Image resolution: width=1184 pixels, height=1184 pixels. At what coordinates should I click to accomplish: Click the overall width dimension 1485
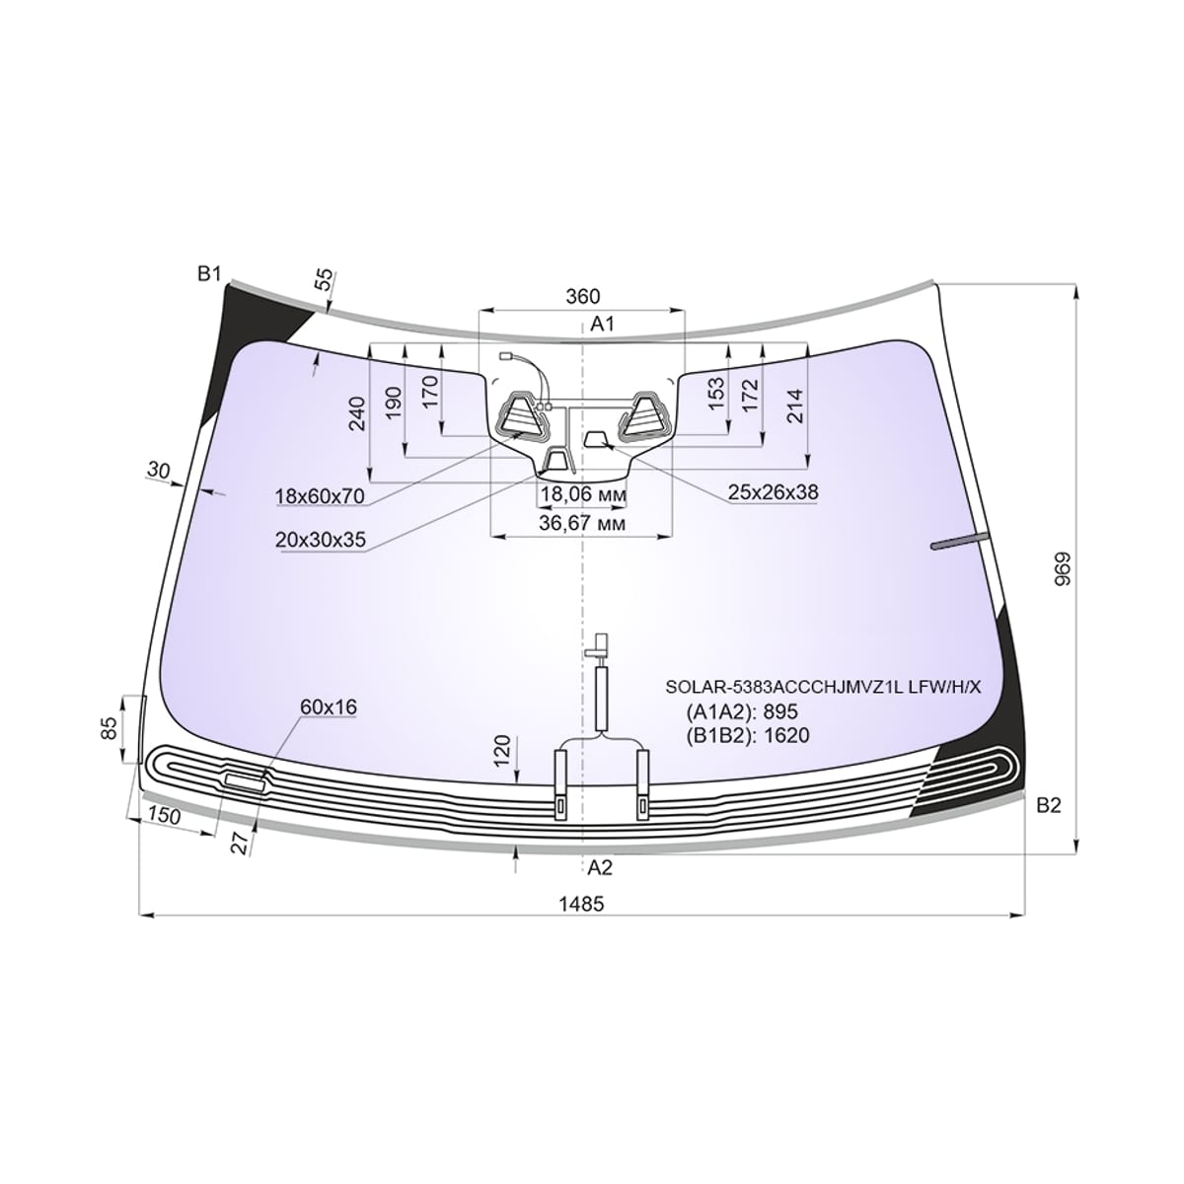pyautogui.click(x=581, y=904)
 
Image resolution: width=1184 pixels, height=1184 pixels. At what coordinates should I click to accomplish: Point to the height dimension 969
pyautogui.click(x=1063, y=568)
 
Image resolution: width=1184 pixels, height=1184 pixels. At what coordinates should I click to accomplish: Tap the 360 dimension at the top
pyautogui.click(x=582, y=296)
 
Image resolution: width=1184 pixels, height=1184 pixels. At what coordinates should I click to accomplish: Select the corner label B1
pyautogui.click(x=209, y=274)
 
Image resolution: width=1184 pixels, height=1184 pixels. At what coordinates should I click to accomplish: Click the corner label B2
pyautogui.click(x=1048, y=805)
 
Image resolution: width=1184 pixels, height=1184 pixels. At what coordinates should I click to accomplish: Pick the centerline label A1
pyautogui.click(x=602, y=324)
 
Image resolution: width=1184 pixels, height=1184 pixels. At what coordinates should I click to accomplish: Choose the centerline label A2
pyautogui.click(x=600, y=867)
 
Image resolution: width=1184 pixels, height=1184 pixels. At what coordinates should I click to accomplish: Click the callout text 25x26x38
pyautogui.click(x=773, y=492)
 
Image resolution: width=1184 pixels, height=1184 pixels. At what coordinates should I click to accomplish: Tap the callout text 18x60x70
pyautogui.click(x=320, y=496)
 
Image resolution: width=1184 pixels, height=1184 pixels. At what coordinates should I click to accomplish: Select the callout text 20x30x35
pyautogui.click(x=320, y=540)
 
